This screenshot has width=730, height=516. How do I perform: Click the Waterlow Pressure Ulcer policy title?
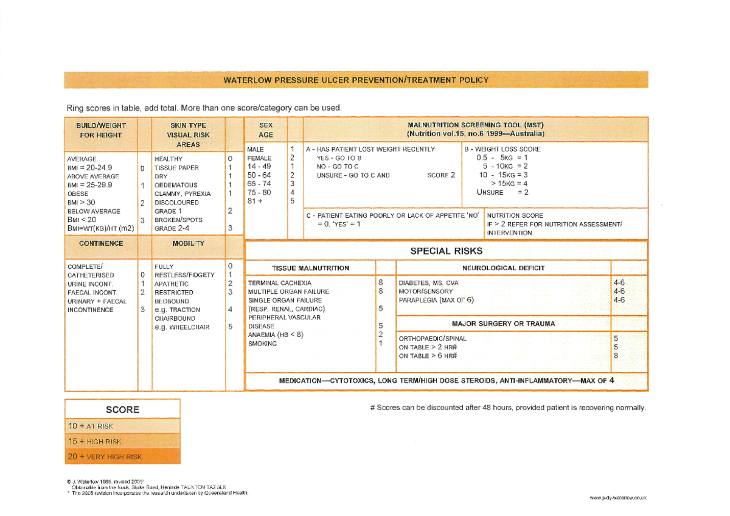pos(355,80)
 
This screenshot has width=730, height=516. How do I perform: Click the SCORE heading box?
pos(122,410)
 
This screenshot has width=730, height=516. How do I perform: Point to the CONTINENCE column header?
pos(101,243)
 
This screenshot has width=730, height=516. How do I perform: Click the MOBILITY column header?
pos(188,243)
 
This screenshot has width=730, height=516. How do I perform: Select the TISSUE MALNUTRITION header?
pos(310,268)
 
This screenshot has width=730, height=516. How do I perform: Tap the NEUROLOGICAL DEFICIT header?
pos(504,268)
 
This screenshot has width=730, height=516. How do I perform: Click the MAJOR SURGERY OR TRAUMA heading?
pos(504,324)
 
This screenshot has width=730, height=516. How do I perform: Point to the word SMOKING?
pos(262,343)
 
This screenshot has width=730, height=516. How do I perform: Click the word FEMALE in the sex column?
pos(259,158)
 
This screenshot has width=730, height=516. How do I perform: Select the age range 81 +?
pos(255,201)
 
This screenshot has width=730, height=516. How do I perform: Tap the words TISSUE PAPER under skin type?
pos(176,168)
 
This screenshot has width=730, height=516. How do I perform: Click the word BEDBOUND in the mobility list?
pos(172,301)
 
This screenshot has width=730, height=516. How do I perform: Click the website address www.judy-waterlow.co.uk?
pos(618,498)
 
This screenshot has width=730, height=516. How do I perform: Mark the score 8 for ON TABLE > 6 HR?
pos(616,355)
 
